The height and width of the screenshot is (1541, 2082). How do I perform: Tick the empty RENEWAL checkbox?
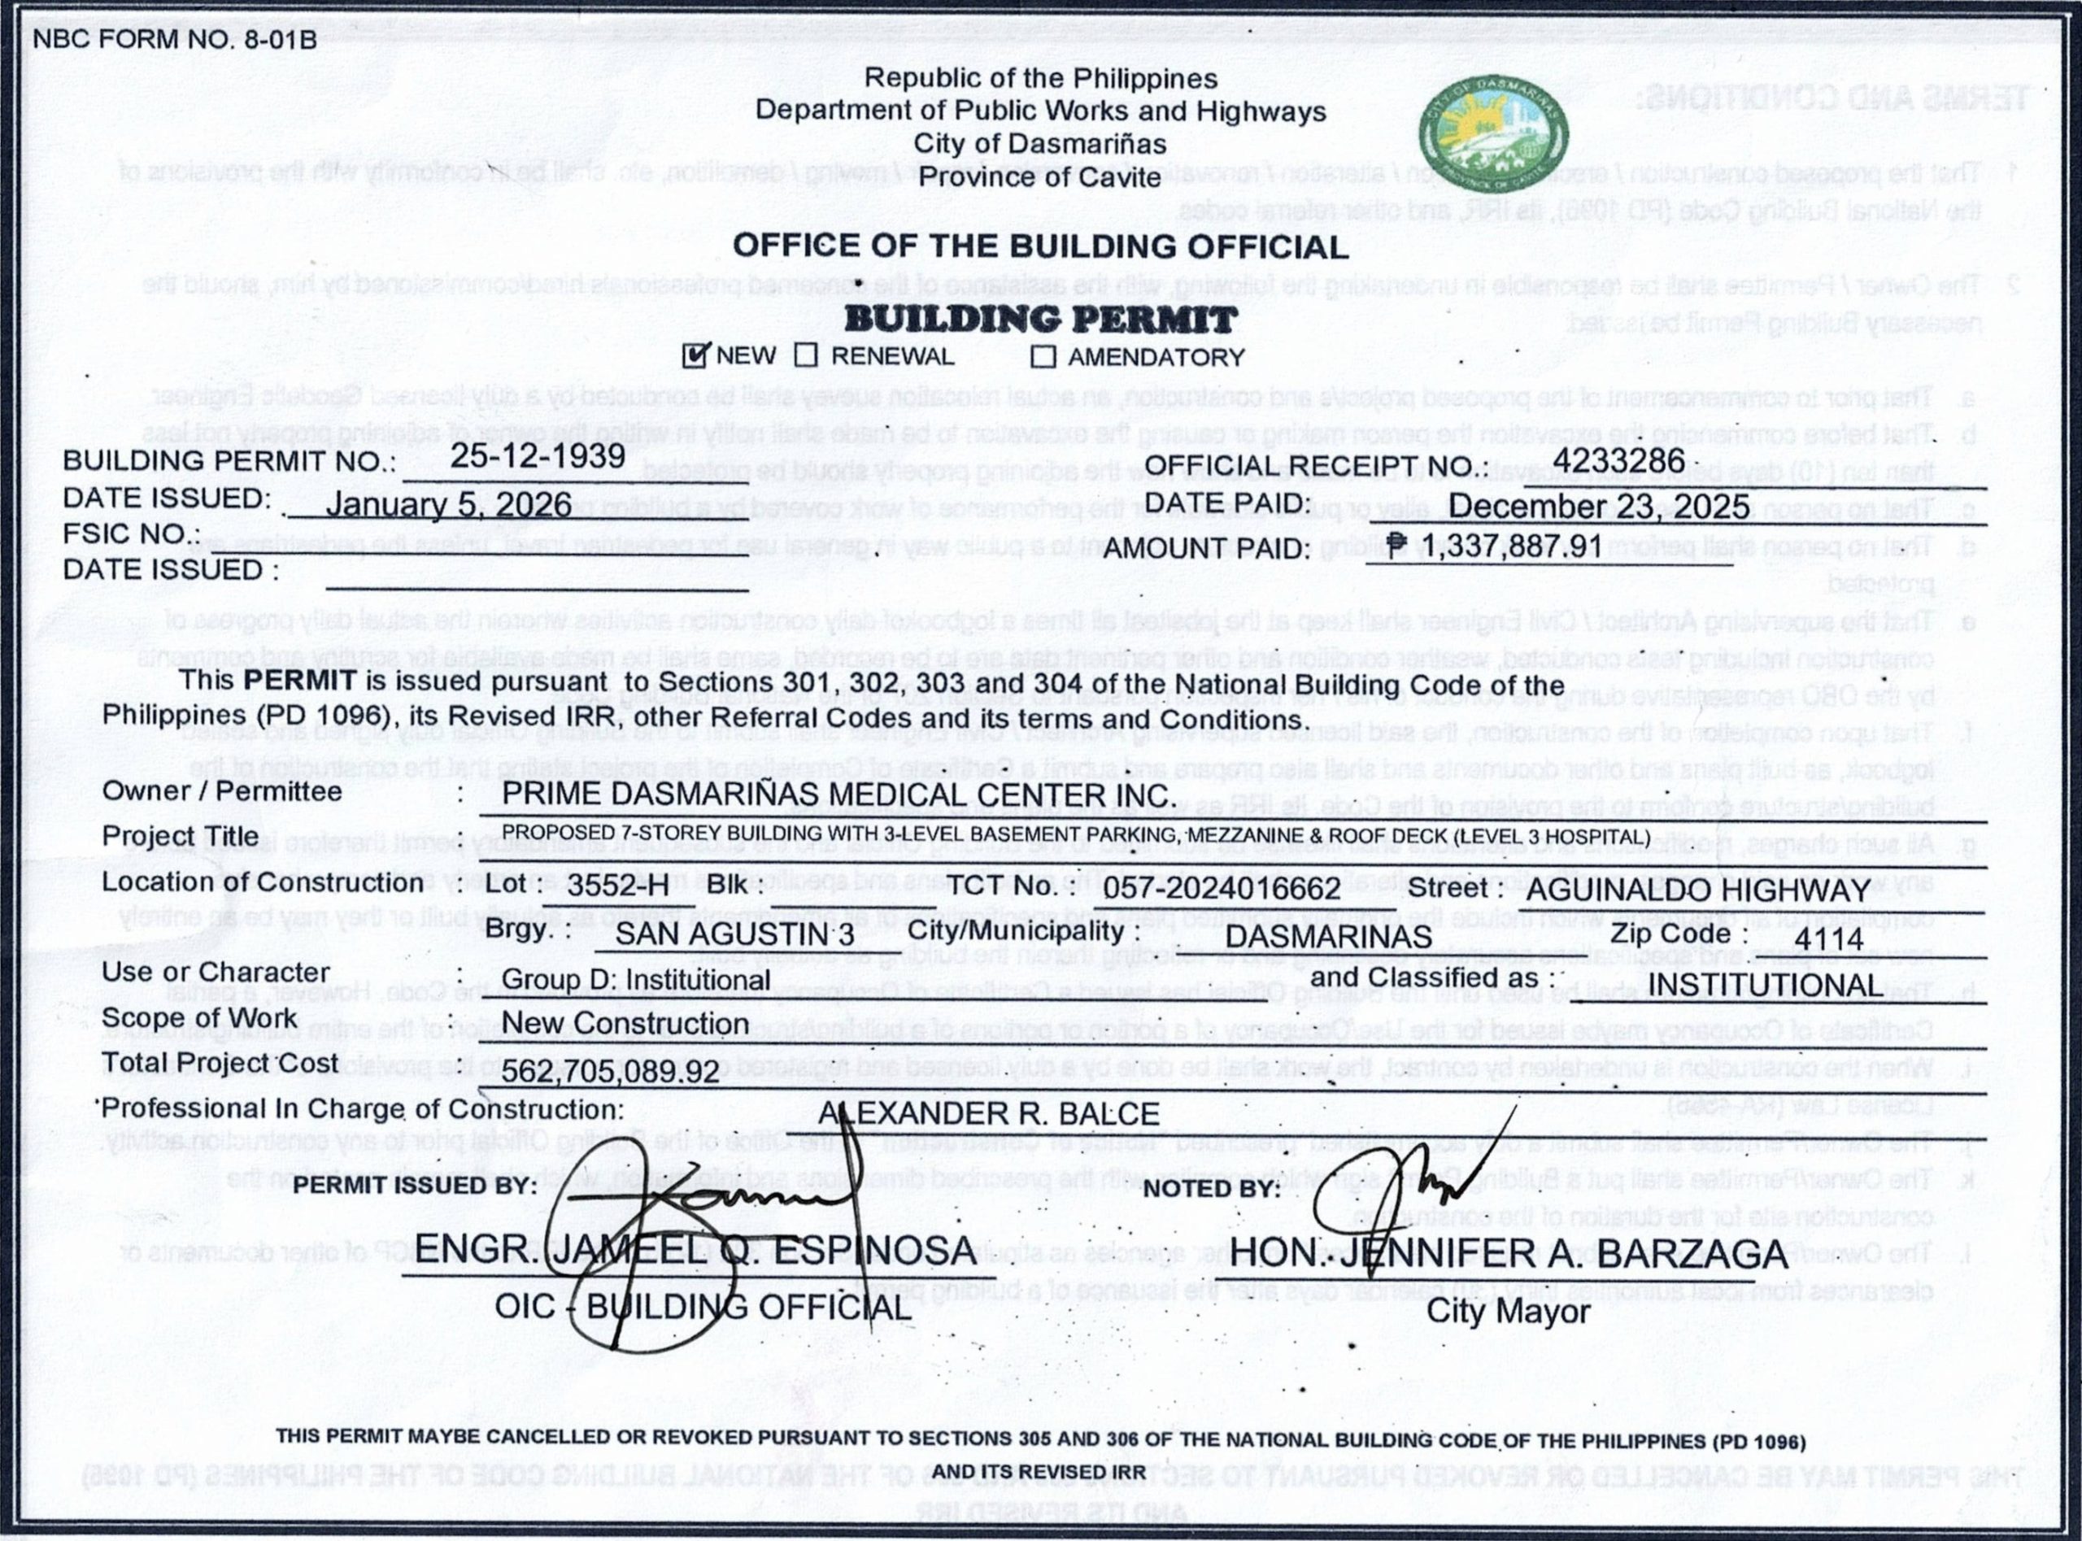click(806, 356)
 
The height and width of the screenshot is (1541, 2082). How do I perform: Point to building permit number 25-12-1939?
click(538, 455)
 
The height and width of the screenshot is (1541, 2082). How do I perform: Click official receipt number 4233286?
click(1618, 460)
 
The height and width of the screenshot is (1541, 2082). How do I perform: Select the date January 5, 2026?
click(448, 505)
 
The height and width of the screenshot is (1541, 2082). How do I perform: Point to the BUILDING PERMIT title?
click(1040, 320)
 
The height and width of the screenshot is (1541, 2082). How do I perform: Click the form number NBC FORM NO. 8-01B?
click(174, 40)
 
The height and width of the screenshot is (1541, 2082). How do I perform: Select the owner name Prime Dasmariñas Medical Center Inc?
click(836, 794)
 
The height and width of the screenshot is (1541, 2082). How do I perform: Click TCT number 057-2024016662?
click(1222, 888)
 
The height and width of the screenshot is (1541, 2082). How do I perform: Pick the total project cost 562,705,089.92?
click(611, 1072)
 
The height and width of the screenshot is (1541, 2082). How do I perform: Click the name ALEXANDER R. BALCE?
click(989, 1112)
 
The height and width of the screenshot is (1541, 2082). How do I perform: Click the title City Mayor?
click(1509, 1311)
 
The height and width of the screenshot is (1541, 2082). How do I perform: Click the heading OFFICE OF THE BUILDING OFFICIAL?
click(1040, 246)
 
